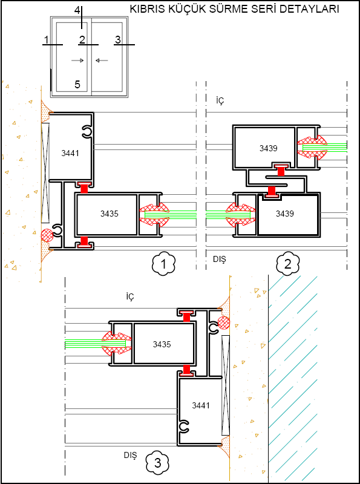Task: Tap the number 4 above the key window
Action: click(x=77, y=10)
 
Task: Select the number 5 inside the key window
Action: click(x=77, y=84)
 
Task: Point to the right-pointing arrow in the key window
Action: click(x=77, y=60)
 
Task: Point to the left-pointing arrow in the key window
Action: click(x=102, y=60)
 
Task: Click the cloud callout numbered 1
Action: click(x=163, y=264)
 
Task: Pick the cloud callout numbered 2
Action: click(x=288, y=264)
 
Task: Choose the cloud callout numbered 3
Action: click(x=157, y=463)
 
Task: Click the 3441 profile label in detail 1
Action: click(x=70, y=153)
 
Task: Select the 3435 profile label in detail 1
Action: click(x=110, y=214)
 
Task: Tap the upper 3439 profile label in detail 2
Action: click(x=268, y=148)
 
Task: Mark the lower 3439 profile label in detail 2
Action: click(x=284, y=214)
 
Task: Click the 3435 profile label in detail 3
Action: click(x=162, y=344)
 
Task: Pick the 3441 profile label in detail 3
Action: click(x=201, y=405)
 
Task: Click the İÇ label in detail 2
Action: click(x=220, y=102)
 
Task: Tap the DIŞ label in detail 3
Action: click(x=130, y=456)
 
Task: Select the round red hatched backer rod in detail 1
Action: click(x=48, y=235)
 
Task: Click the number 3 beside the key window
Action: click(x=117, y=39)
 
